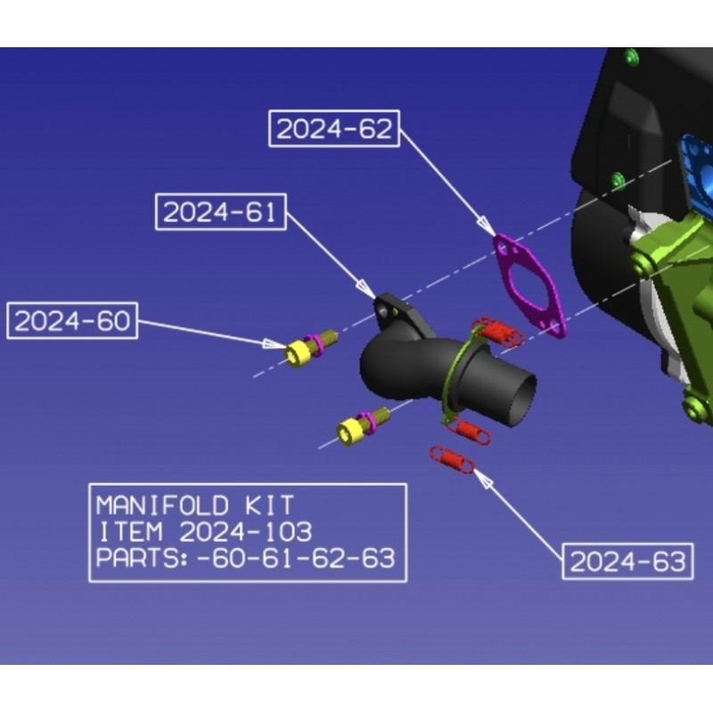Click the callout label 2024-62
click(334, 128)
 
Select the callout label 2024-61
click(221, 212)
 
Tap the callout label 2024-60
click(72, 321)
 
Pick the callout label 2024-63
click(628, 561)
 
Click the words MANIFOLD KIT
click(195, 505)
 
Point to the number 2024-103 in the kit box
click(246, 531)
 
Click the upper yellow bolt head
click(297, 353)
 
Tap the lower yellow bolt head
click(348, 432)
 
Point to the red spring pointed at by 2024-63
click(453, 459)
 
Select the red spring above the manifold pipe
click(497, 332)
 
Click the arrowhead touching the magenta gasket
click(487, 226)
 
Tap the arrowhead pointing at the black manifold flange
click(366, 288)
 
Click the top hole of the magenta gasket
click(503, 248)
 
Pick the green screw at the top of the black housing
click(632, 57)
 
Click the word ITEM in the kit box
click(130, 531)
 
